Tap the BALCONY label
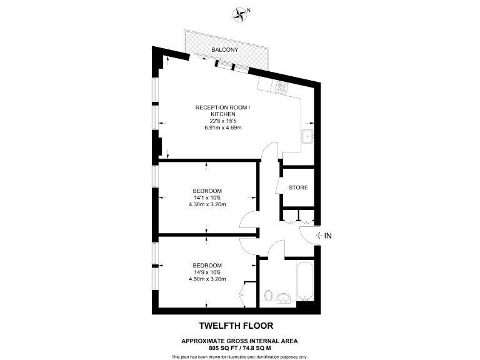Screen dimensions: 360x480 [x=224, y=49]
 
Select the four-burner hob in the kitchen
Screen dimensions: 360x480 [x=282, y=88]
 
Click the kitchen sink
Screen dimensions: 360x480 [x=307, y=137]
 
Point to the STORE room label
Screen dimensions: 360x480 [x=298, y=187]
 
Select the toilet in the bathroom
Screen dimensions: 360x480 [x=269, y=295]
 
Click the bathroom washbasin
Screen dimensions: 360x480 [x=285, y=297]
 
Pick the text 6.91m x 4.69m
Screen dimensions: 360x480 [x=222, y=127]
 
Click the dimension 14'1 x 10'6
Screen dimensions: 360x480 [x=207, y=197]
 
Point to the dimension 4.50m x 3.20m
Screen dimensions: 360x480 [x=207, y=278]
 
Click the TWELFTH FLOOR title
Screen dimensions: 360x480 [x=236, y=326]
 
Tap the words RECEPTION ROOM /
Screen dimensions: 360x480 [x=222, y=108]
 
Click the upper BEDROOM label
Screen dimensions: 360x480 [x=207, y=191]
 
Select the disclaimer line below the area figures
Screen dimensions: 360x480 [x=240, y=356]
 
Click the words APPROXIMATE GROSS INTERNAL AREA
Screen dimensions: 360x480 [x=239, y=341]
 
